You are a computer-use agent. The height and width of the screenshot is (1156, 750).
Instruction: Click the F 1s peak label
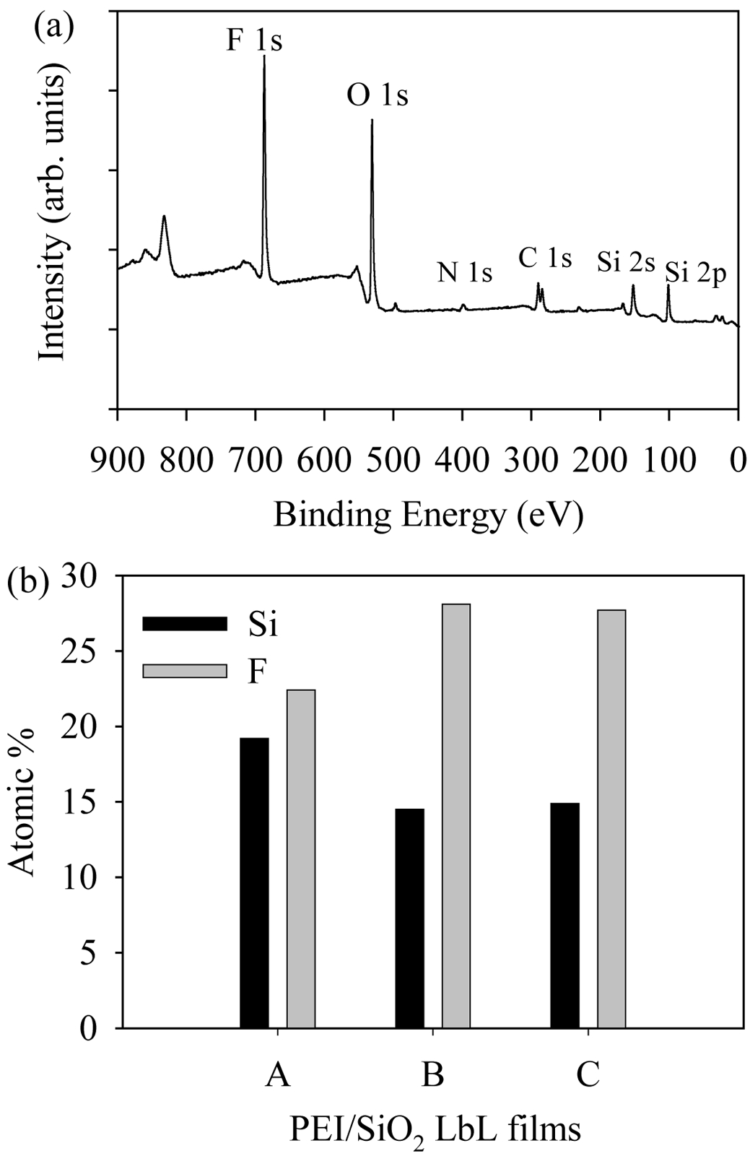point(254,40)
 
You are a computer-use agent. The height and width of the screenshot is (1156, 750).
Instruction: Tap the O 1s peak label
point(378,95)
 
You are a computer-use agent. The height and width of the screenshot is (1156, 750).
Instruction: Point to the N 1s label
point(464,272)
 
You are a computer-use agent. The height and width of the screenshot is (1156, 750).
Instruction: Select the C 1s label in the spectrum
point(545,257)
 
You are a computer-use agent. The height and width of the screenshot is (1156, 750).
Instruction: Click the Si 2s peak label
point(626,262)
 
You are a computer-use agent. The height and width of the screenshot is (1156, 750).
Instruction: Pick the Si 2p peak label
point(695,275)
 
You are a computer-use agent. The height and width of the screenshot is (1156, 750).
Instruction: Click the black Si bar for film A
point(254,882)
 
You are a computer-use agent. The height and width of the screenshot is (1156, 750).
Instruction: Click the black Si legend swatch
point(185,623)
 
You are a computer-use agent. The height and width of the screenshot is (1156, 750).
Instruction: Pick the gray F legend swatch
point(185,671)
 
